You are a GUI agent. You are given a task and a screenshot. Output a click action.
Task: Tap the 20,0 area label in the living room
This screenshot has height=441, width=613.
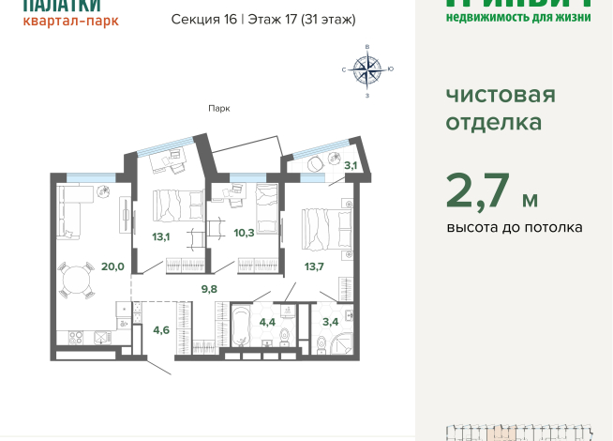tap(112, 266)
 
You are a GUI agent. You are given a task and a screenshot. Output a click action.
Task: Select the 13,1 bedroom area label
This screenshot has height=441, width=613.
tap(160, 236)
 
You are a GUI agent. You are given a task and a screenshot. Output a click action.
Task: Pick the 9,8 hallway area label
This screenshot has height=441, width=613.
tap(208, 289)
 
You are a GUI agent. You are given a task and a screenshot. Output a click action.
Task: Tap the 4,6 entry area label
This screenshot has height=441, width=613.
tap(161, 328)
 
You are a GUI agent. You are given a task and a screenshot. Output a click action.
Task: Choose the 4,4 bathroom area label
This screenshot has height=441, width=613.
tap(267, 323)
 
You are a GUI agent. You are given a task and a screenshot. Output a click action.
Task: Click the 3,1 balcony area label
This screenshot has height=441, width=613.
tap(351, 166)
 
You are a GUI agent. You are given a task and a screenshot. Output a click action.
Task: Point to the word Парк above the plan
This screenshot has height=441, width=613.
tap(219, 108)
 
